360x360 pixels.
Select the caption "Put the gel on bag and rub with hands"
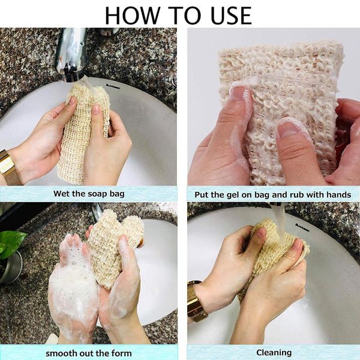point(273,194)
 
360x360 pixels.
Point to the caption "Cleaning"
point(274,352)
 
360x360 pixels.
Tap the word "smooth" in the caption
point(59,352)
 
